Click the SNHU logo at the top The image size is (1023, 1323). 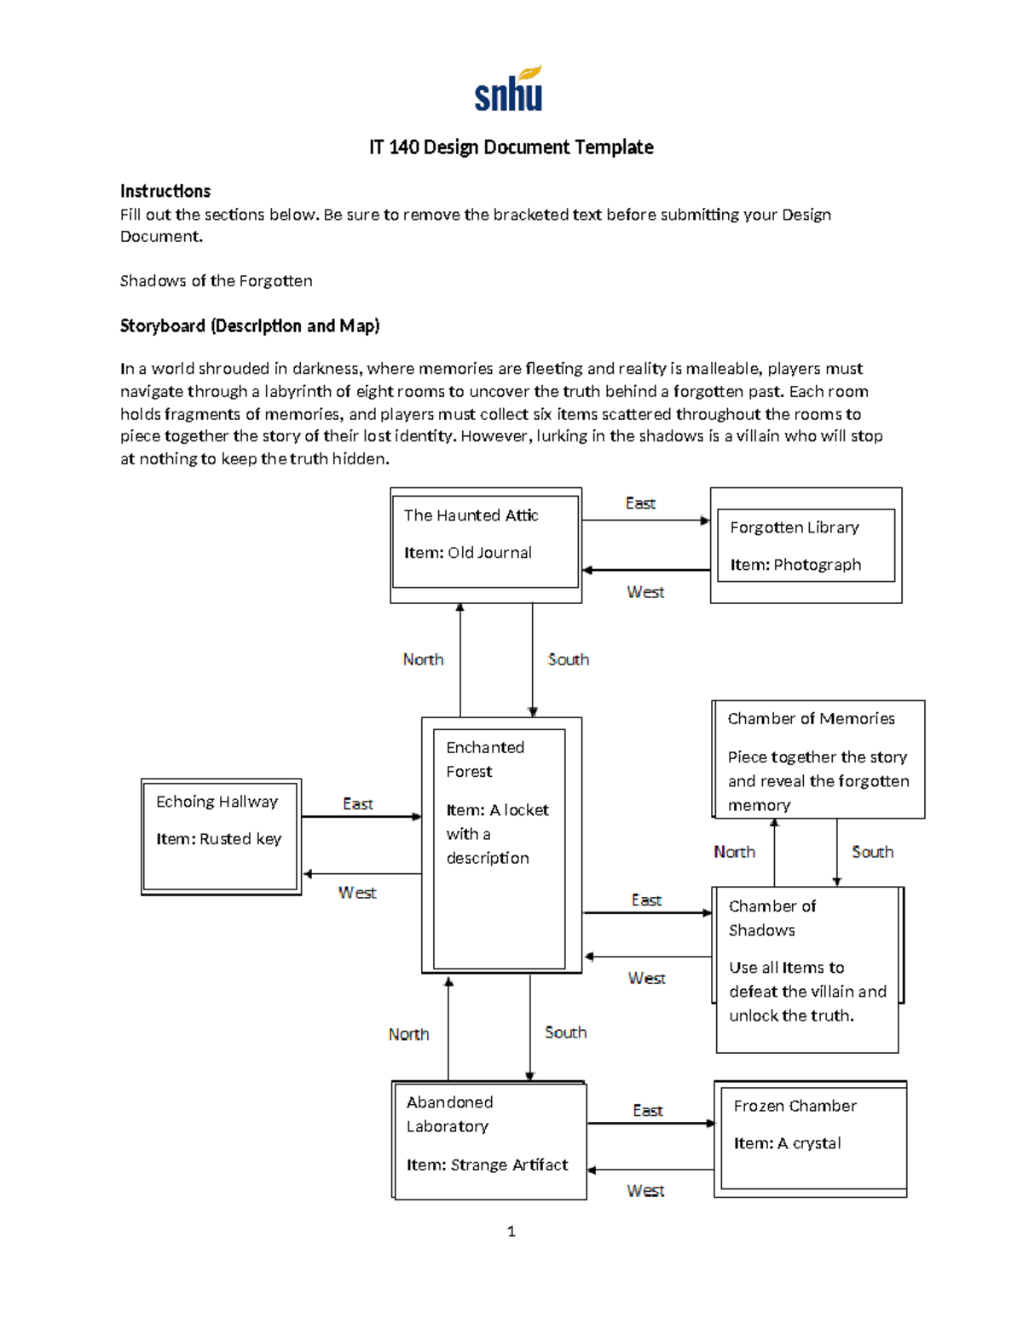509,89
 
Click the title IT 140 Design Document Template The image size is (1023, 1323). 511,147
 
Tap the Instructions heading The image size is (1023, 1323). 165,191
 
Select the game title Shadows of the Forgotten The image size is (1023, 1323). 216,281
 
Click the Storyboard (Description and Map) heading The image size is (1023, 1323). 250,325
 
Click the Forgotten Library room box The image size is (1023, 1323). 806,545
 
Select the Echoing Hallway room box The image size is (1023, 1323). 221,837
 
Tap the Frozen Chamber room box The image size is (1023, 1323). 811,1139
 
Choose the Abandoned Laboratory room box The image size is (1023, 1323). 489,1140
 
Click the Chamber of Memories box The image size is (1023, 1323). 818,760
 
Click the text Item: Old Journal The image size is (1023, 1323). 468,553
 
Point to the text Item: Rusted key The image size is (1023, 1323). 218,839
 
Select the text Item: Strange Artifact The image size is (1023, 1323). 487,1165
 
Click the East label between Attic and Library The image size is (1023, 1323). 640,503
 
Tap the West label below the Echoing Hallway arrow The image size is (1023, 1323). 356,893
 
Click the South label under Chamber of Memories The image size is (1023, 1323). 872,852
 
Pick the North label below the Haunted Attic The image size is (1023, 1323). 423,659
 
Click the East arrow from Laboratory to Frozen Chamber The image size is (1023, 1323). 651,1124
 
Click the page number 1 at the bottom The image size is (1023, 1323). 511,1231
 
